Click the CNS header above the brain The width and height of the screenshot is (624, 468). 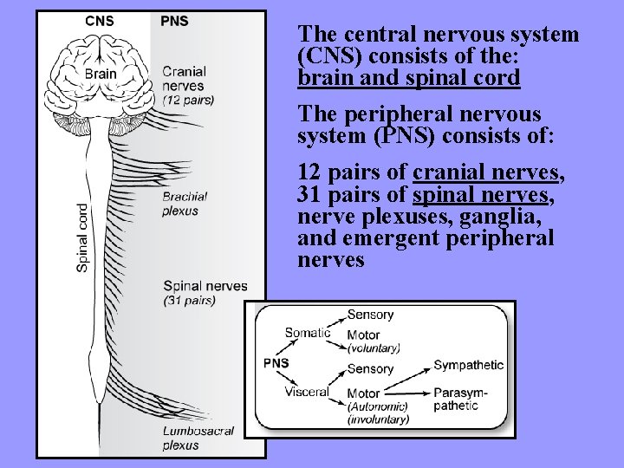point(99,21)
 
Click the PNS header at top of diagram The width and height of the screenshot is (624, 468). point(174,21)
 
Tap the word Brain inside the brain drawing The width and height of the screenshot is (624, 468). point(101,74)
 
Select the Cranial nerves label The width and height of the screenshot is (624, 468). point(184,79)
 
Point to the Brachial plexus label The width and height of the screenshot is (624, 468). point(180,204)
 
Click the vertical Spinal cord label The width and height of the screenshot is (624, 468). point(82,237)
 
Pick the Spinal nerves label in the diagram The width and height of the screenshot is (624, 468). point(205,286)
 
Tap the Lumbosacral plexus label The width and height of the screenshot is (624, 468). point(198,439)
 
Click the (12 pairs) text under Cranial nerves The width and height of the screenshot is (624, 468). point(188,100)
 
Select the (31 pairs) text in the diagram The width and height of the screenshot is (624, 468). point(189,301)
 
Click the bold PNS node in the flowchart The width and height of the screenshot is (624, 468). point(276,363)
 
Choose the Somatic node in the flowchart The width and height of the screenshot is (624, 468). point(308,333)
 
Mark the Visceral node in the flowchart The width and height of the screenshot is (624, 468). point(307,392)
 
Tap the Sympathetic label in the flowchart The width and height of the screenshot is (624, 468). point(468,365)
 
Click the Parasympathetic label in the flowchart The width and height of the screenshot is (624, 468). point(460,399)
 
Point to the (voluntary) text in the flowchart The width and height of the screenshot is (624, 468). point(374,348)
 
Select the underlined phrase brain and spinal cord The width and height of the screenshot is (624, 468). point(408,78)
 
